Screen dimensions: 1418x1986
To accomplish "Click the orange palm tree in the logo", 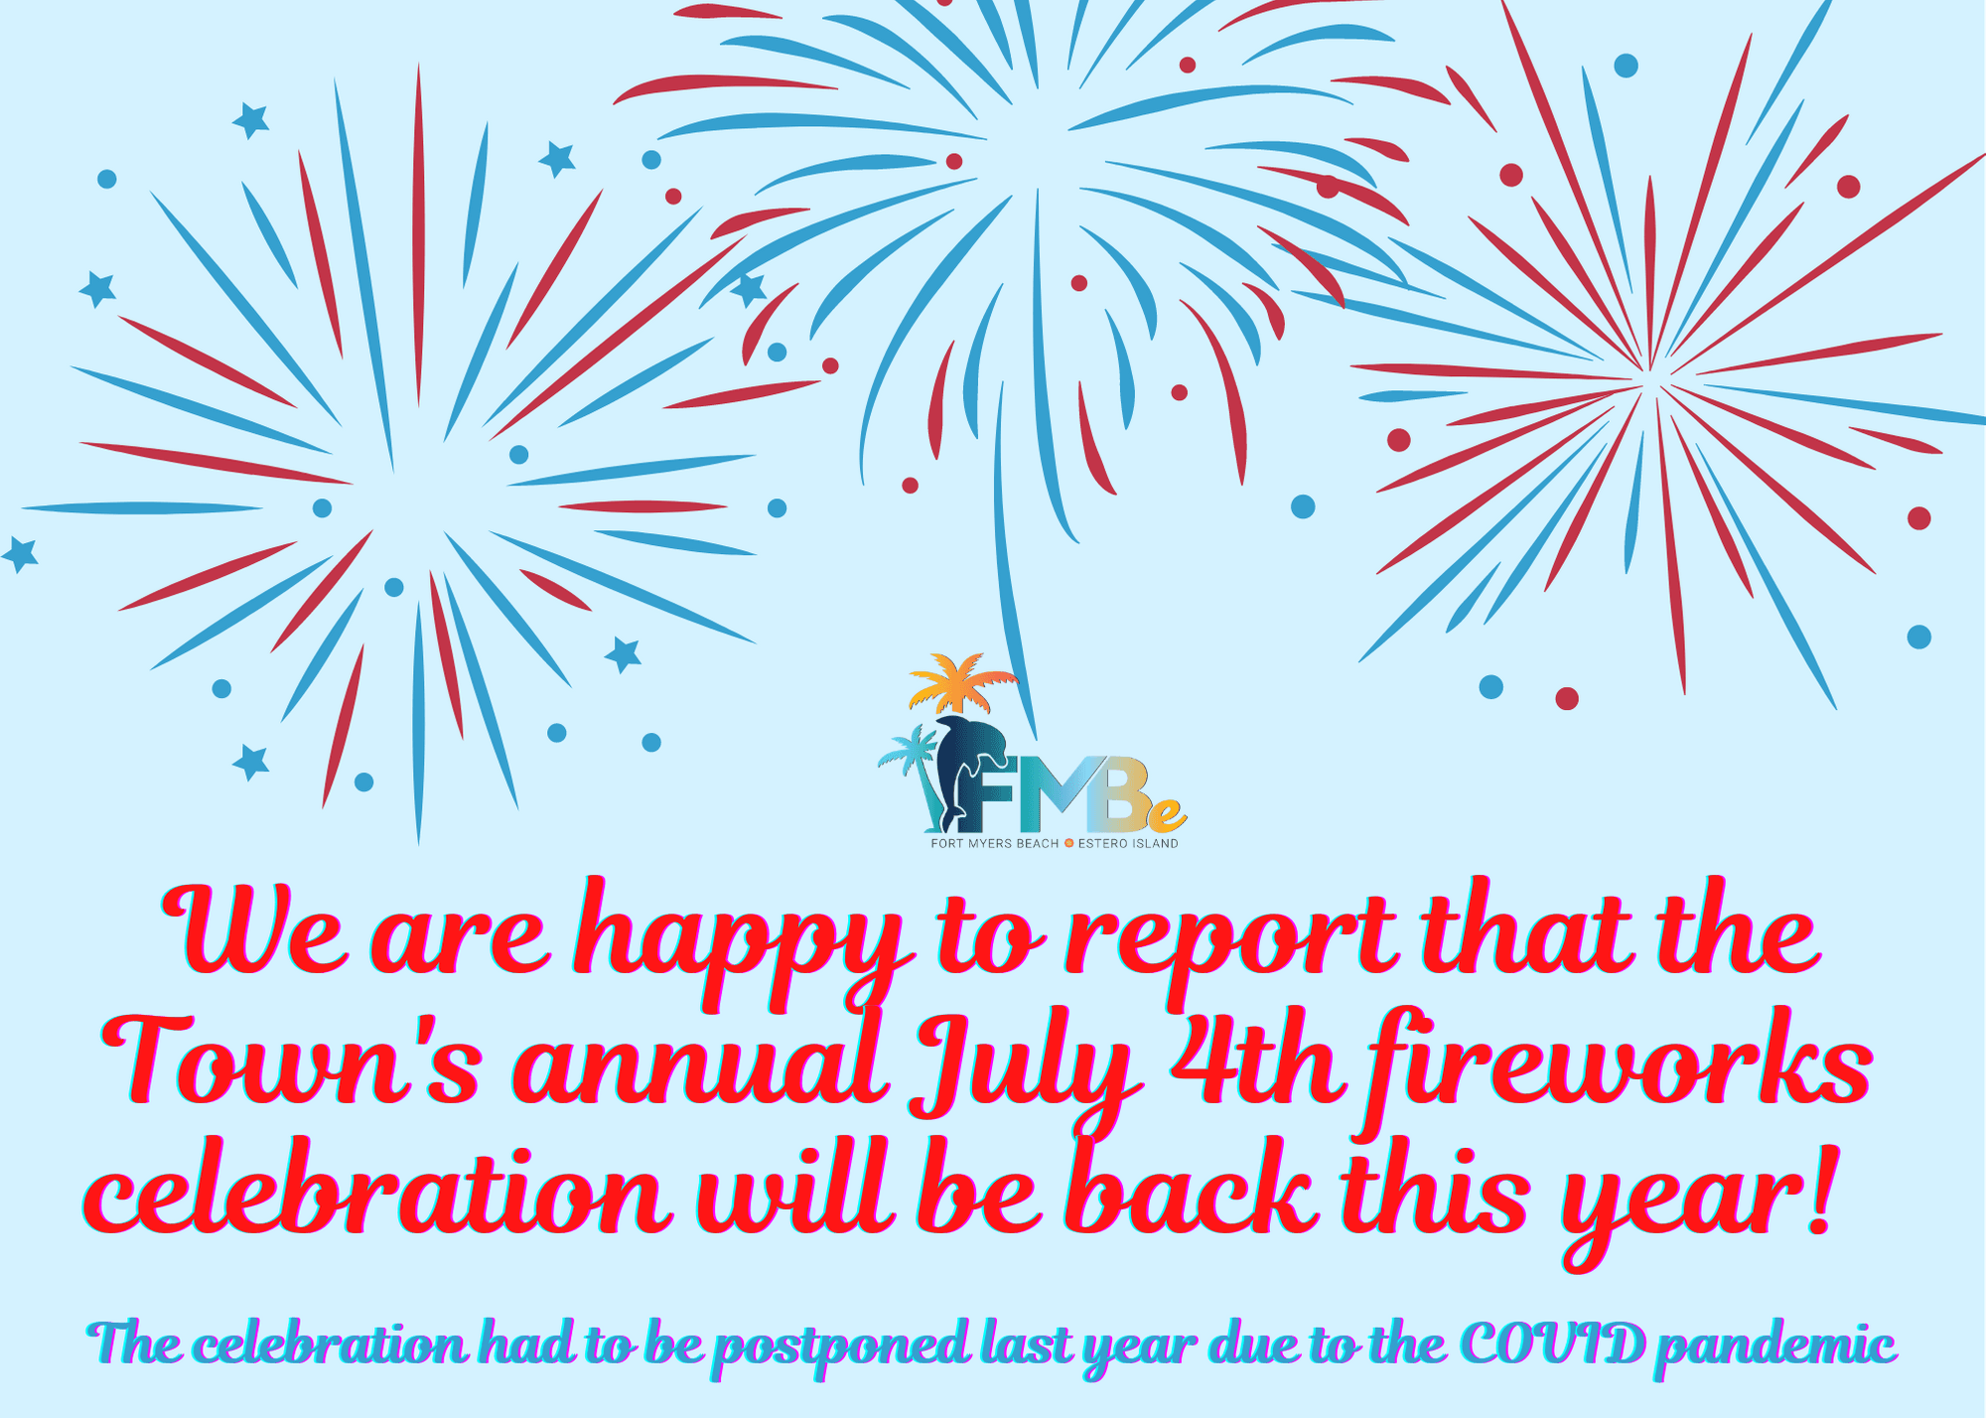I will tap(960, 680).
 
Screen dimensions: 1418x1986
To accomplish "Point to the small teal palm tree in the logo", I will tap(914, 760).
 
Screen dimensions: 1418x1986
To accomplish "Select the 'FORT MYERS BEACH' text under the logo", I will tap(994, 844).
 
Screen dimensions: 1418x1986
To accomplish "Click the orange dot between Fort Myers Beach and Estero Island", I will tap(1068, 844).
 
